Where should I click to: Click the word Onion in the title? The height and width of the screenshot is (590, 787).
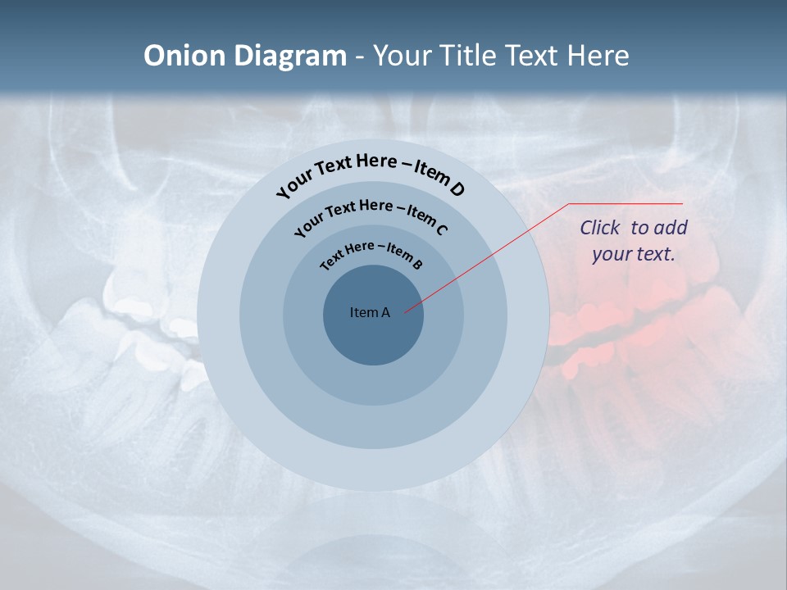pos(184,56)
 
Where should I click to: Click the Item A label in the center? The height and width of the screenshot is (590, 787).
pos(370,312)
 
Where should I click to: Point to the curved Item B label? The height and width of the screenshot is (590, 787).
pos(371,253)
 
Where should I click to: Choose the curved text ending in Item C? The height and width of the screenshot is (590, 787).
pos(371,215)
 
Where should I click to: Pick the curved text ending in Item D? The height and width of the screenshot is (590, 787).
pos(371,173)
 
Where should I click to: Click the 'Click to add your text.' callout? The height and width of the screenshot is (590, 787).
pos(633,240)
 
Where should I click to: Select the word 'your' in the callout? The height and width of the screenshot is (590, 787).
pos(611,254)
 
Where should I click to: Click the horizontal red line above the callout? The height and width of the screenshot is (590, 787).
pos(626,203)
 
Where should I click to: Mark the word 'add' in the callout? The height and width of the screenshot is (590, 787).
pos(672,228)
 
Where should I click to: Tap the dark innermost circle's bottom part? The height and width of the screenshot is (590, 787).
pos(373,348)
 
